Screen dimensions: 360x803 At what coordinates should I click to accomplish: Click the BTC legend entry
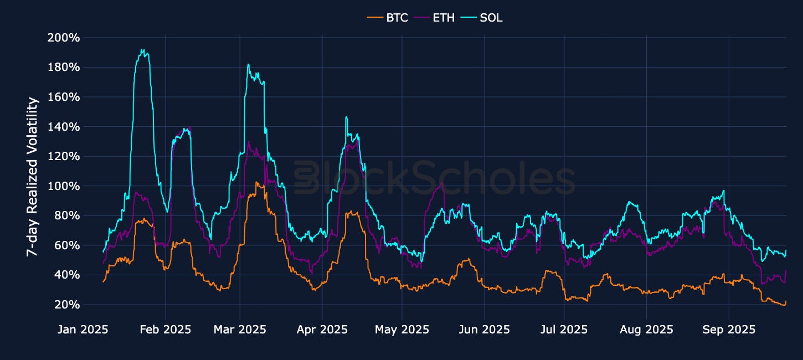coord(388,18)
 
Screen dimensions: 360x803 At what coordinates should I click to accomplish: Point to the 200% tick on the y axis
coord(64,38)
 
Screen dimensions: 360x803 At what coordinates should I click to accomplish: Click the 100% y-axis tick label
coord(64,186)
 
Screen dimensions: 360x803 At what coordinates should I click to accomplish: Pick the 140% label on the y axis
coord(64,127)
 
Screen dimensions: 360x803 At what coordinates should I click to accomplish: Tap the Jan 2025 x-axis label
coord(83,330)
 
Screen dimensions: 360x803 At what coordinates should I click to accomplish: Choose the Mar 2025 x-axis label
coord(240,330)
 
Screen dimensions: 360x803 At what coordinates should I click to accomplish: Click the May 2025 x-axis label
coord(402,330)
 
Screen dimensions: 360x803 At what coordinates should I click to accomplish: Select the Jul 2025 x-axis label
coord(564,330)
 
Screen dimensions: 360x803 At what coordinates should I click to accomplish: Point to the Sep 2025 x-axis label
coord(729,330)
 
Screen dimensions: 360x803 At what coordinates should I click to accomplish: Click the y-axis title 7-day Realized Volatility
coord(33,177)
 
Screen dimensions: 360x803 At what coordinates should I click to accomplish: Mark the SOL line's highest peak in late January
coord(142,50)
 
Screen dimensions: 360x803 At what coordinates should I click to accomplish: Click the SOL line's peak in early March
coord(248,65)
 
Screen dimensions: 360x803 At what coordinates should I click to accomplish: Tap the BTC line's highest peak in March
coord(256,182)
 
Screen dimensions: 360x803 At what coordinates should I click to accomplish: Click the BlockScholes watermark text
coord(434,179)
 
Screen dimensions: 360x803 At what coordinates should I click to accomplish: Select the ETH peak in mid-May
coord(441,183)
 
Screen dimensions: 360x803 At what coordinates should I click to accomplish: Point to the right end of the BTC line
coord(786,301)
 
